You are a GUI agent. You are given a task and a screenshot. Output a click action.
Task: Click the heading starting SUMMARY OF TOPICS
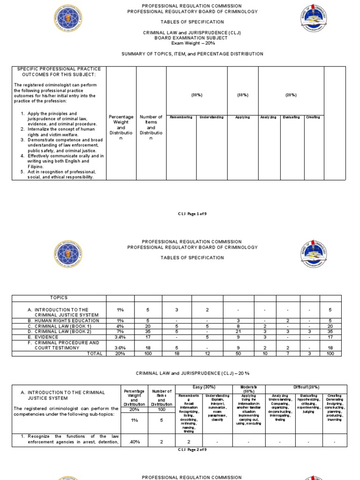pos(192,54)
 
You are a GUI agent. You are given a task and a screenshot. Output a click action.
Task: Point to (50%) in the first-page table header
pos(243,95)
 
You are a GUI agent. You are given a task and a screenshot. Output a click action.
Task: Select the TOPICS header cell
pos(59,298)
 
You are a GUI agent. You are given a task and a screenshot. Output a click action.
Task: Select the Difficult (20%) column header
pos(306,387)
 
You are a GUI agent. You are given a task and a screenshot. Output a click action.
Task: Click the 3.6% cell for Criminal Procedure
pos(120,348)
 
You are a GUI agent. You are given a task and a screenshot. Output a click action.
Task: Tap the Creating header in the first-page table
pos(312,117)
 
